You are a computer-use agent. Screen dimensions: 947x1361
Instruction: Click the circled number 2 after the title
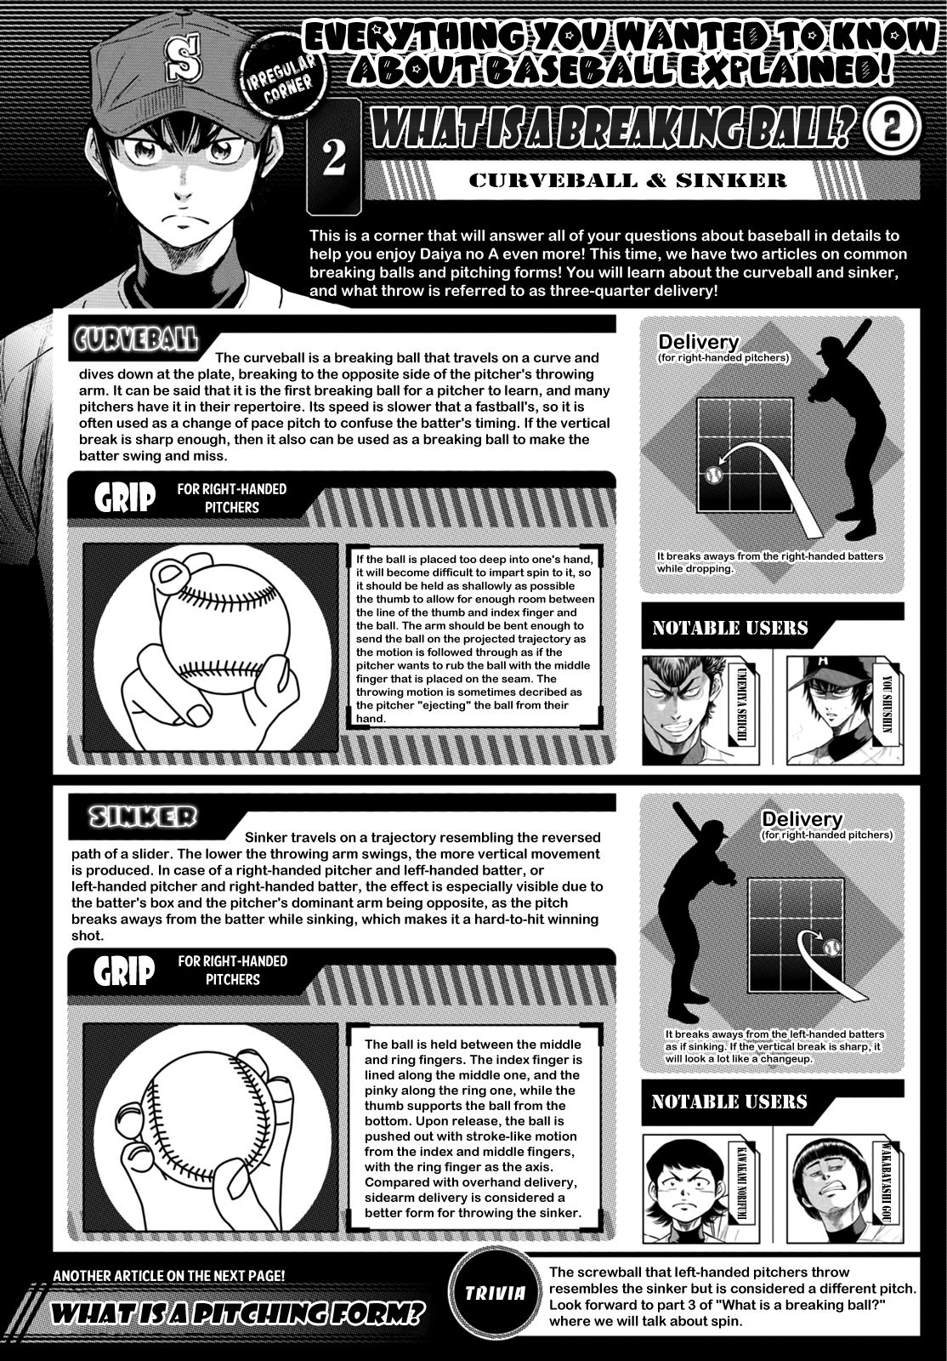[891, 128]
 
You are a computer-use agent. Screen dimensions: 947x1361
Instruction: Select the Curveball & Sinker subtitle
[627, 180]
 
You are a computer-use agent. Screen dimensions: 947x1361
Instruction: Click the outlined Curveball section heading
[136, 340]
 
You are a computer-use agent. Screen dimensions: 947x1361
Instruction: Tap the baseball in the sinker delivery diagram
[831, 948]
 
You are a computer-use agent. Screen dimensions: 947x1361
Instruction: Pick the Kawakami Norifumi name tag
[744, 1183]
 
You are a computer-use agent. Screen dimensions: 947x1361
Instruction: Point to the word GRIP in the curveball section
[124, 498]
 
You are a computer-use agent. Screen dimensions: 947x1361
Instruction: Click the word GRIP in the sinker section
[124, 970]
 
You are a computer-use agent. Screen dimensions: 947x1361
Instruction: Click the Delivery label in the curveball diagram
[698, 341]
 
